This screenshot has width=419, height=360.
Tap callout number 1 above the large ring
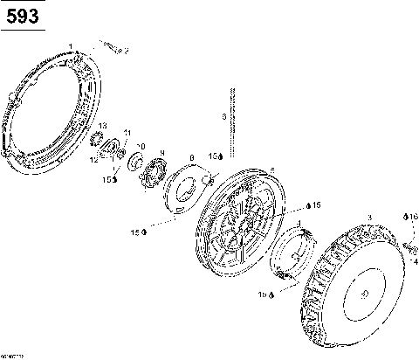[x=71, y=45]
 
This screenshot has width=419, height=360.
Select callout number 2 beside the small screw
[x=125, y=52]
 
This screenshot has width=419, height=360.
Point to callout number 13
[x=103, y=127]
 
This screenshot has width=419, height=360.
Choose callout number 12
[x=93, y=159]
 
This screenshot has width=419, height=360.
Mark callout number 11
[x=127, y=133]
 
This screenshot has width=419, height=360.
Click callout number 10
[x=141, y=146]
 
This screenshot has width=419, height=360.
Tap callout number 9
[x=161, y=153]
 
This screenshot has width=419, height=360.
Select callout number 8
[x=191, y=158]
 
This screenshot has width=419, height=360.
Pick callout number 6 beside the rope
[x=223, y=115]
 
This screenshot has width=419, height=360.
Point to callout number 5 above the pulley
[x=272, y=170]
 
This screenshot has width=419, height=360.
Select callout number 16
[x=413, y=216]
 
